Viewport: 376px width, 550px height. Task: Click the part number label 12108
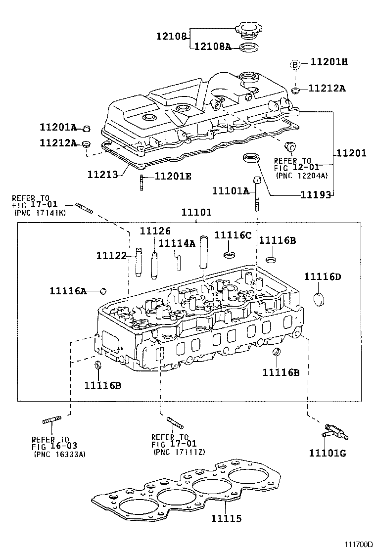[x=172, y=36]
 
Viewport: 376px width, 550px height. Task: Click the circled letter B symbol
[x=295, y=64]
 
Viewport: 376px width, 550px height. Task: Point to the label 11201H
[x=329, y=62]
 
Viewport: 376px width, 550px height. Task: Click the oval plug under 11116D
[x=321, y=299]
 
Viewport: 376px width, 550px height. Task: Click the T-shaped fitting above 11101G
[x=333, y=432]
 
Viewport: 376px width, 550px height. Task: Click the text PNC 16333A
[x=59, y=454]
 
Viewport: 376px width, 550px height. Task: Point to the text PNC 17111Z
[x=179, y=452]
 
